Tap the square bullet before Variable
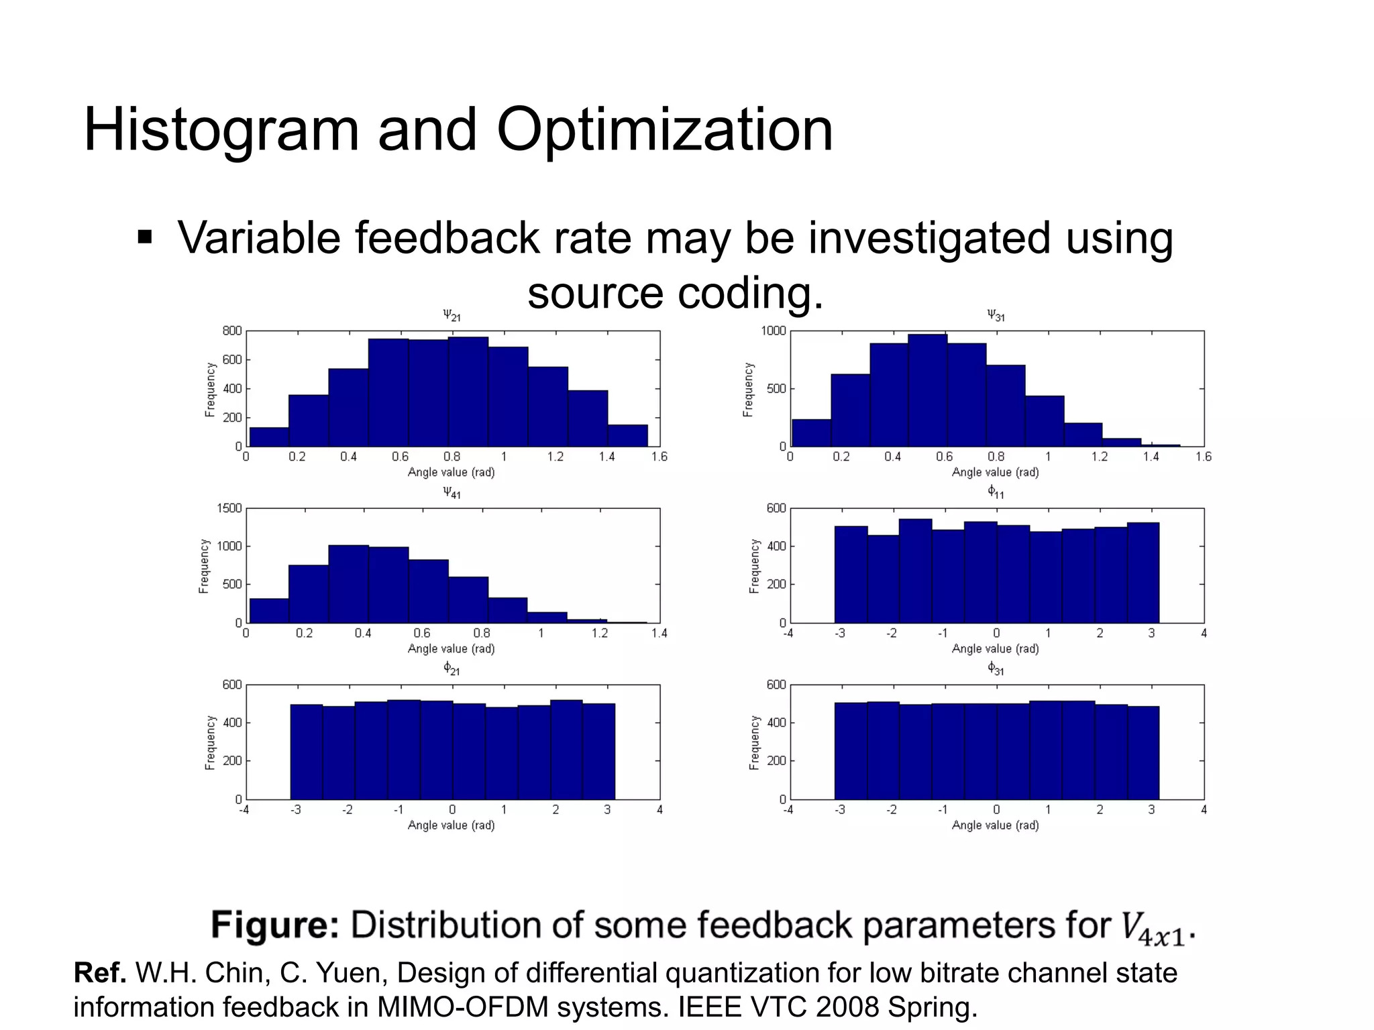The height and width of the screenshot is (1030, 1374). tap(145, 238)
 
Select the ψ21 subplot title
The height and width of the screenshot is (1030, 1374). tap(452, 314)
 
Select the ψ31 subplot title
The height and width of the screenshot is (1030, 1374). tap(996, 314)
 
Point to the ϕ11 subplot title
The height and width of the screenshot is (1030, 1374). tap(996, 492)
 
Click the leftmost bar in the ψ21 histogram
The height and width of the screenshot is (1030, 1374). tap(269, 437)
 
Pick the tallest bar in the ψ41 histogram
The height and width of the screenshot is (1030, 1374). tap(348, 583)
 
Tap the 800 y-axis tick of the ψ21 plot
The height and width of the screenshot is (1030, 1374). tap(231, 331)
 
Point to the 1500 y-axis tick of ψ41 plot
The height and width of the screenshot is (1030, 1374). tap(229, 508)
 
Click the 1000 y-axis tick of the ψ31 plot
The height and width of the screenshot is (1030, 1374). tap(773, 331)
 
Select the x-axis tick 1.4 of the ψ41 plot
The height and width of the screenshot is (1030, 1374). tap(659, 633)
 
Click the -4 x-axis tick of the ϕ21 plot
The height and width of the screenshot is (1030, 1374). tap(244, 810)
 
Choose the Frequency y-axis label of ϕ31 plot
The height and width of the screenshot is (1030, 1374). tap(754, 742)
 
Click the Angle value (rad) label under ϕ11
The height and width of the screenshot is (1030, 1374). tap(995, 649)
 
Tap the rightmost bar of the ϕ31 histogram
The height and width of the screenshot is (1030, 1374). tap(1143, 752)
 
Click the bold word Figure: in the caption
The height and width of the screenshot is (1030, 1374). tap(275, 925)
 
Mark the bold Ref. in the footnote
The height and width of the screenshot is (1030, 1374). tap(100, 972)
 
